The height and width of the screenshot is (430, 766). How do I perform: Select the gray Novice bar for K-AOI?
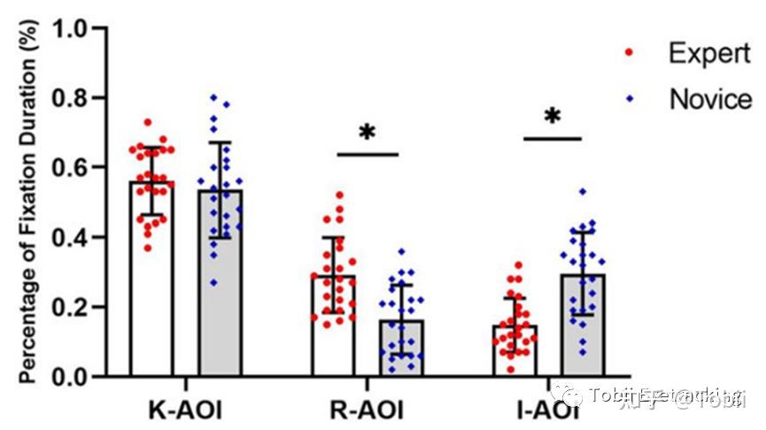coord(221,292)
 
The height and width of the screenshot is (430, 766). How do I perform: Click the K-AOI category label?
coord(185,411)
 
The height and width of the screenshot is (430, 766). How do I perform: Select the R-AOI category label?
coord(368,411)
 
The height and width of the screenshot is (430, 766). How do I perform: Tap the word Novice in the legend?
coord(710,99)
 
